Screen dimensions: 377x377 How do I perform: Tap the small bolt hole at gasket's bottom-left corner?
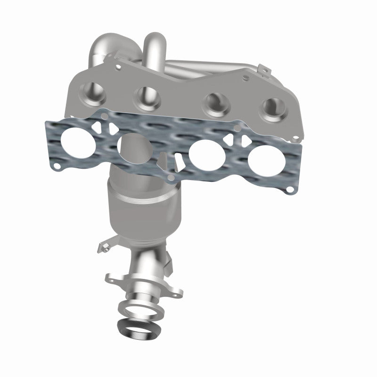click(x=57, y=166)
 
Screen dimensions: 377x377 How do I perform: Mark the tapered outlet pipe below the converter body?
click(x=144, y=264)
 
